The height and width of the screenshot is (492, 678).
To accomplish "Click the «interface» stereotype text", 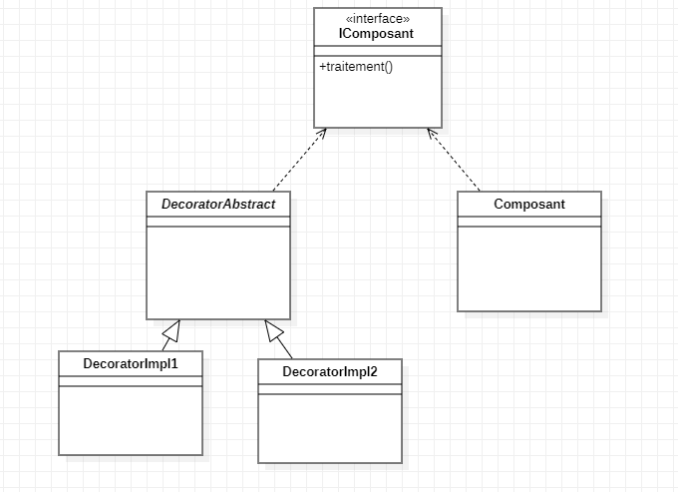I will click(378, 18).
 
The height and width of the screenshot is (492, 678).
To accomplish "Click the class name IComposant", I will click(378, 33).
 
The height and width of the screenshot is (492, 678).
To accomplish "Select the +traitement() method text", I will click(356, 67).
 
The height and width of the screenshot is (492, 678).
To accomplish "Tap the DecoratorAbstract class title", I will click(218, 204).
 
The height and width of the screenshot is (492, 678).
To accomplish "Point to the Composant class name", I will click(529, 204).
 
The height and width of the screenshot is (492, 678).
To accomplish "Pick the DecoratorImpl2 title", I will click(330, 371).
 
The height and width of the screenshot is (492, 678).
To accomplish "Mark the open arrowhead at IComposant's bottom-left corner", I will click(322, 133).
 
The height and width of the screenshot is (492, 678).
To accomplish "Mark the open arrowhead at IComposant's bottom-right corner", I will click(432, 133).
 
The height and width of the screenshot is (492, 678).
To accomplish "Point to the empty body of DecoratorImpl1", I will click(131, 419).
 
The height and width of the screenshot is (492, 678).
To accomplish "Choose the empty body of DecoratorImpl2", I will click(330, 427).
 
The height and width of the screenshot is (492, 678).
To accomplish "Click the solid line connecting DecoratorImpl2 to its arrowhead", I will click(287, 350).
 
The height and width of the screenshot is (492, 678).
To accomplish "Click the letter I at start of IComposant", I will click(342, 33).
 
